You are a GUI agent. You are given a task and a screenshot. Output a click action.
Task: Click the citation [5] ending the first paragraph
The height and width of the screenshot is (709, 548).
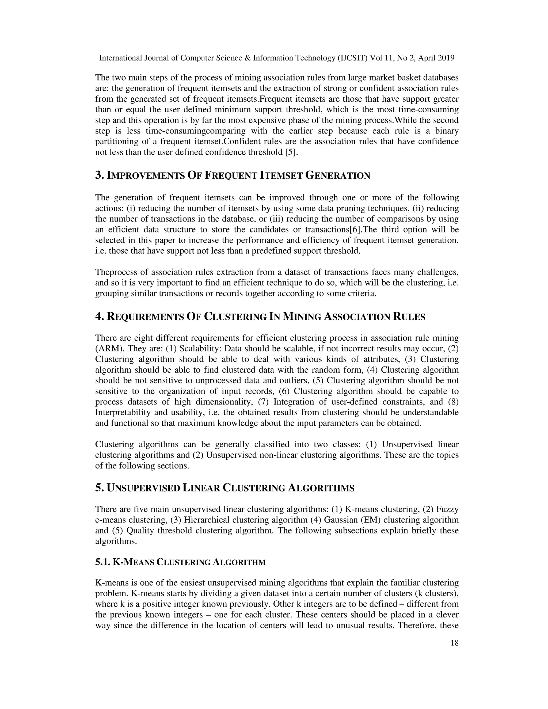[x=291, y=152]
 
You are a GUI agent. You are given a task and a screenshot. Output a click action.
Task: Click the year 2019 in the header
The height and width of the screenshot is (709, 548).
[x=446, y=58]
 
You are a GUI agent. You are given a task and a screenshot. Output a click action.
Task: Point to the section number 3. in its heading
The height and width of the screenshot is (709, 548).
[x=99, y=176]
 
